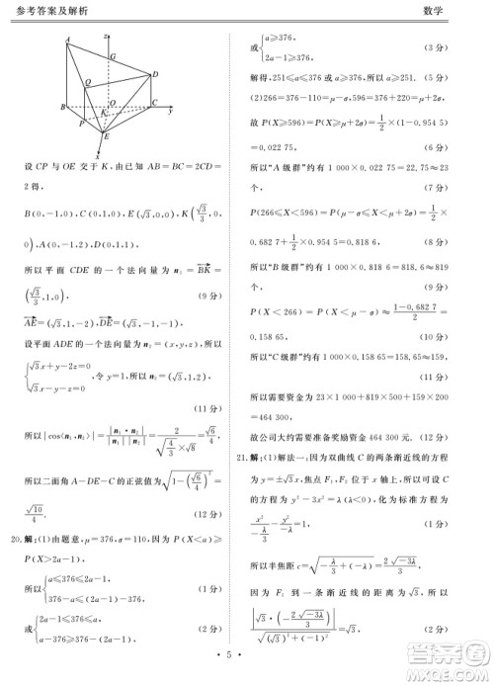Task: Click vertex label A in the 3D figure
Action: (x=67, y=40)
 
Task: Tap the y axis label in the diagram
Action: (x=171, y=110)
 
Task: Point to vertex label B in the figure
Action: (x=62, y=106)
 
